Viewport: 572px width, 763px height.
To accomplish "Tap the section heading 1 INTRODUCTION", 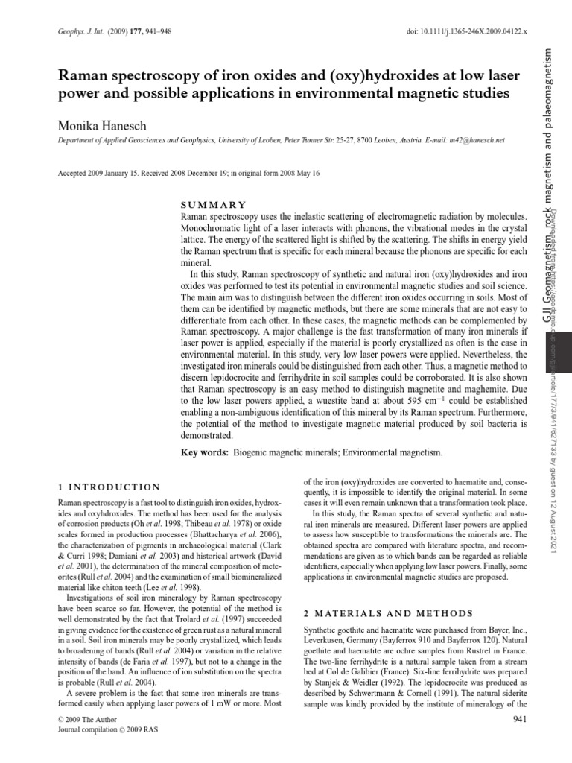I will [109, 487].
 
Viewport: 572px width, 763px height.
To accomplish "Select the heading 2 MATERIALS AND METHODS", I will [388, 613].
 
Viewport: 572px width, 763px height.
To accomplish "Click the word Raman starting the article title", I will [83, 77].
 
